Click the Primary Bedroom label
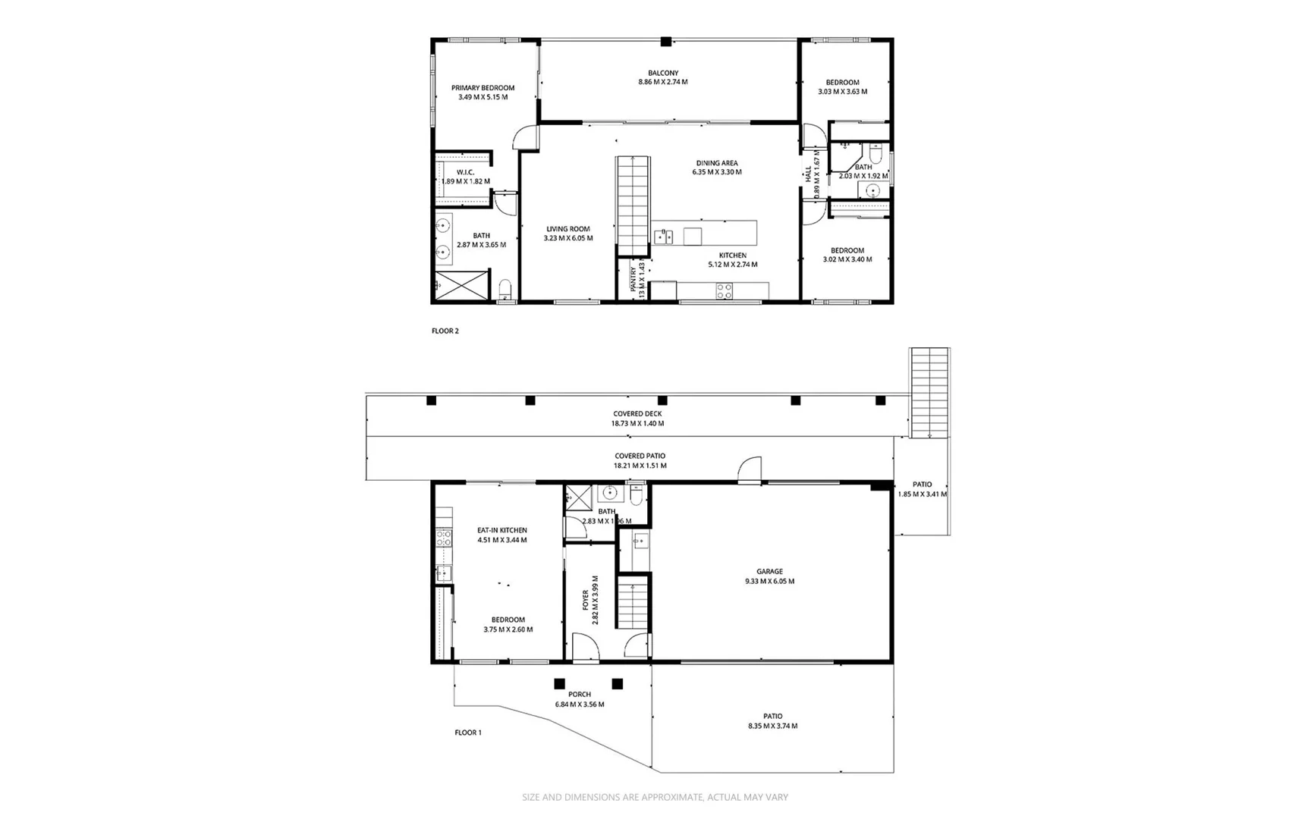[483, 88]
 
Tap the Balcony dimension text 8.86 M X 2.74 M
[662, 82]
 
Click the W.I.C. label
[465, 172]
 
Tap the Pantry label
[633, 279]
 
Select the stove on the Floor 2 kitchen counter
[725, 290]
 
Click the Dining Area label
[717, 163]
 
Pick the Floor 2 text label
[445, 331]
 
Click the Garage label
[769, 572]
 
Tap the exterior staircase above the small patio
[929, 392]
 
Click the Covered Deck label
[637, 414]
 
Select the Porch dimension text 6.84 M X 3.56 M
[580, 704]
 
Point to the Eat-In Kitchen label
[501, 531]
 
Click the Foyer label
[586, 600]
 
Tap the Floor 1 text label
[468, 733]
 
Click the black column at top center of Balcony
[665, 42]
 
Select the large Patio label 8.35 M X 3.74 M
[772, 716]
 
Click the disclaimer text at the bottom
[655, 797]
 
